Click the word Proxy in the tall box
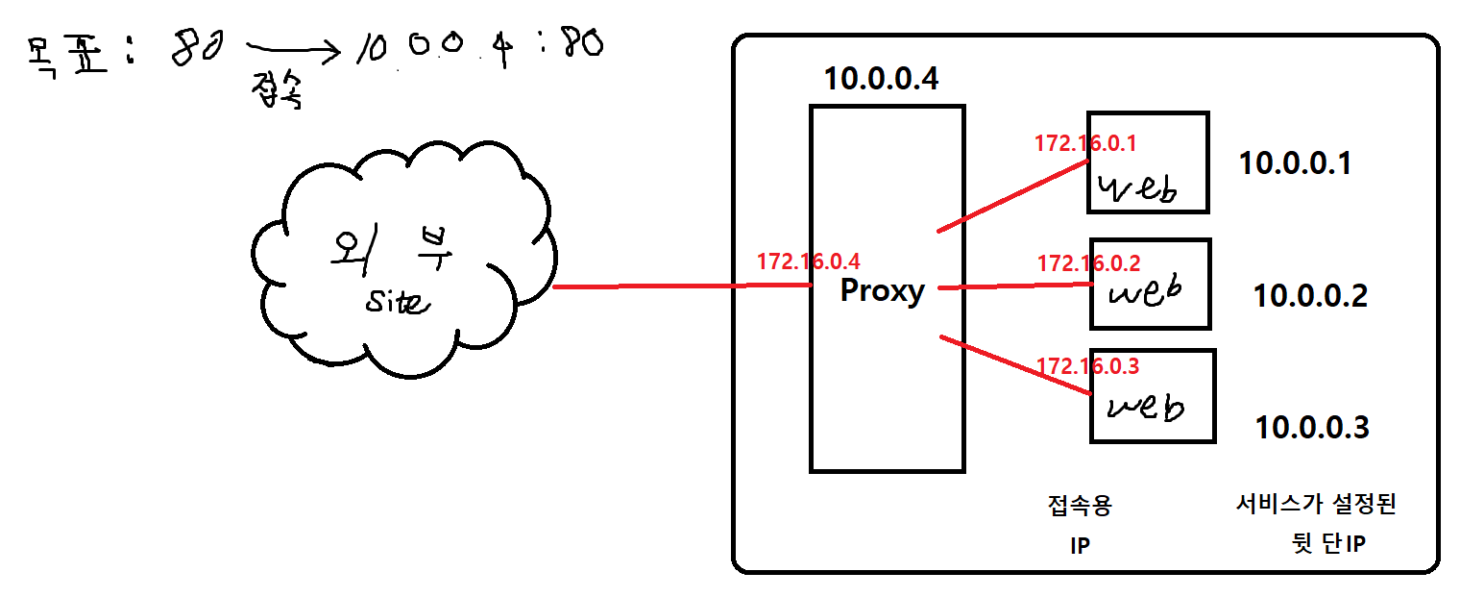[882, 290]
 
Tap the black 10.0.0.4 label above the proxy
[881, 79]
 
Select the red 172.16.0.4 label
[808, 261]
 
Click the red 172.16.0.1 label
[1084, 144]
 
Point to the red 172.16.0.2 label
[1088, 262]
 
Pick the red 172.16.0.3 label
[1087, 366]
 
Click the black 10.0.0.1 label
[1295, 163]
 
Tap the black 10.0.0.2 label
[1310, 295]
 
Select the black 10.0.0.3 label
[1312, 426]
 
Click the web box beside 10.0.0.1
[1147, 163]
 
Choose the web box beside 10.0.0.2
[1150, 285]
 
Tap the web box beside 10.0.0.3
[1152, 396]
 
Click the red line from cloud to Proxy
[682, 286]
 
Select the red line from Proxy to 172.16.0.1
[1009, 197]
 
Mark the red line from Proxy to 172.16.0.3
[1013, 365]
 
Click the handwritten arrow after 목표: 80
[292, 48]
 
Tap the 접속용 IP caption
[1080, 525]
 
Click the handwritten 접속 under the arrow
[280, 93]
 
